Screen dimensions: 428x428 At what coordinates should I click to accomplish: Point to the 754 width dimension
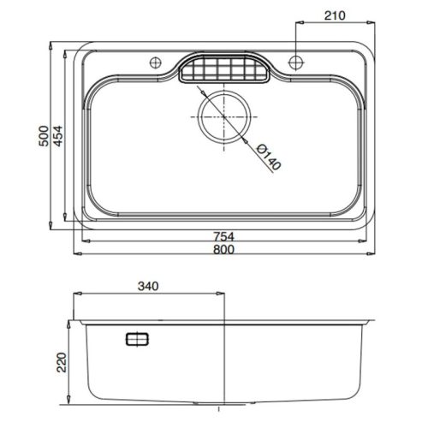224,236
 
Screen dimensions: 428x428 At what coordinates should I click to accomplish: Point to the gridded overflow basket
224,68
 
